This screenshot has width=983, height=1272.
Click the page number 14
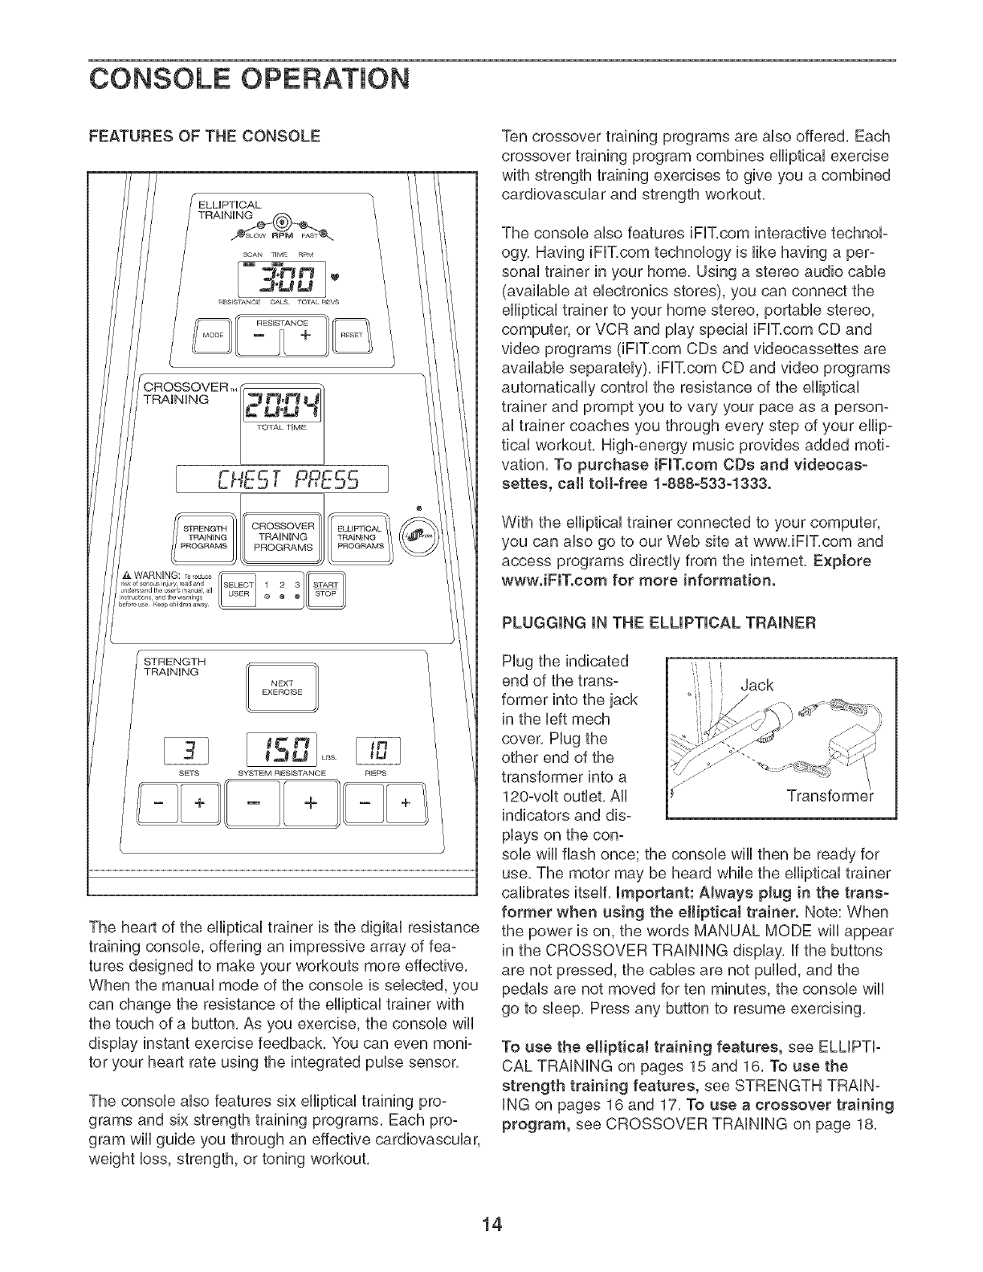tap(491, 1225)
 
